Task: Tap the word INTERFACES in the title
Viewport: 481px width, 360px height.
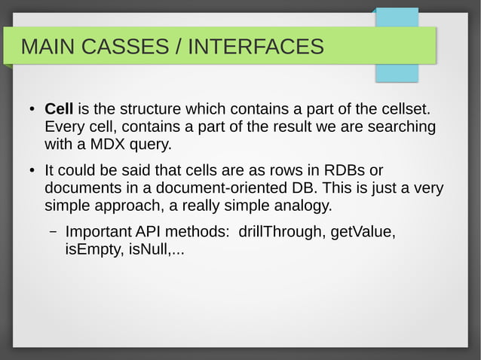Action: tap(256, 47)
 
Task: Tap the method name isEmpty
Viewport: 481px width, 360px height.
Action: tap(90, 249)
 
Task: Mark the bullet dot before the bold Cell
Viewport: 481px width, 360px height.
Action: tap(32, 111)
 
